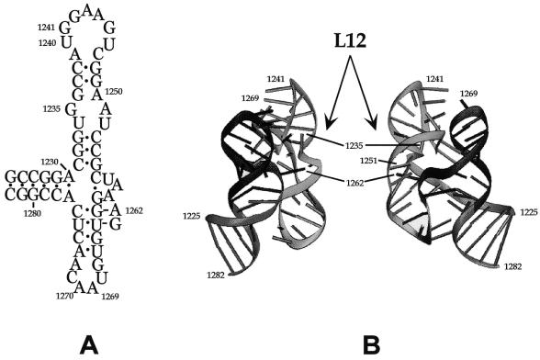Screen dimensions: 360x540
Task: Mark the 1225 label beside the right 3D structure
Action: coord(528,212)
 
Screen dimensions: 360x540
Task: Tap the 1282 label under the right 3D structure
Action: coord(513,265)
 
